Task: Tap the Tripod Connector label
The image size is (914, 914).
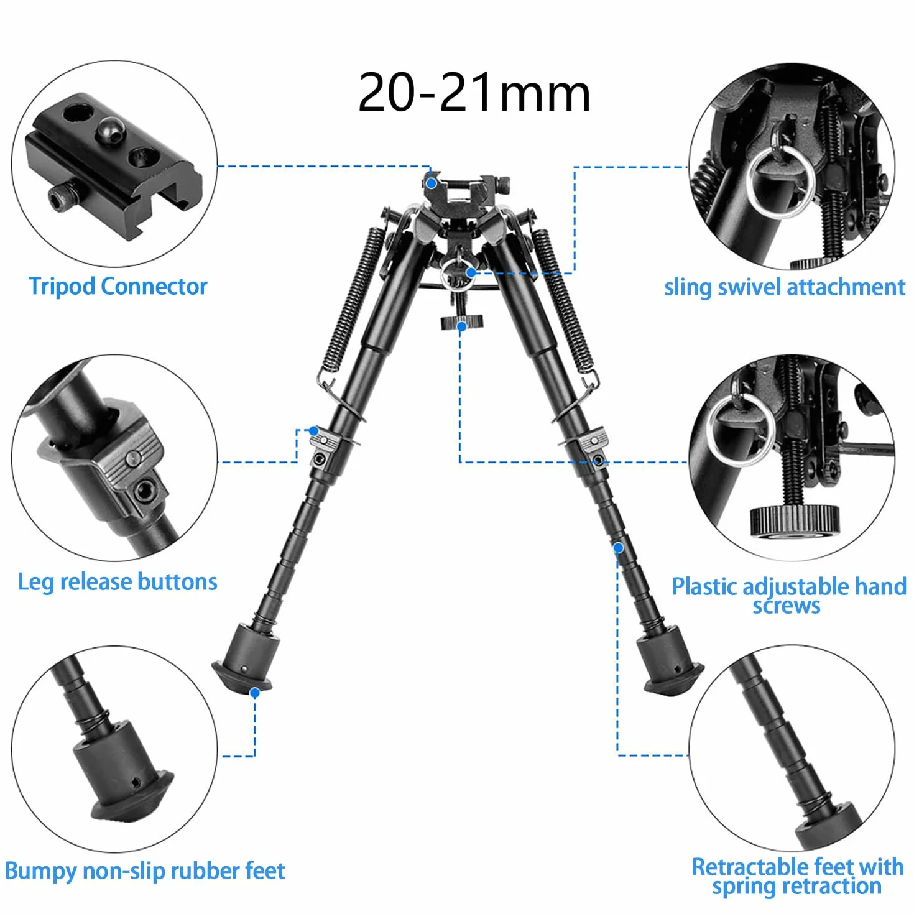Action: pyautogui.click(x=118, y=287)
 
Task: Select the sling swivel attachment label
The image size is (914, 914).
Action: pyautogui.click(x=785, y=287)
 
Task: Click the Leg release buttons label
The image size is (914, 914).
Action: pyautogui.click(x=118, y=582)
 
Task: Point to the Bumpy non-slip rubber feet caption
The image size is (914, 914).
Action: pyautogui.click(x=145, y=871)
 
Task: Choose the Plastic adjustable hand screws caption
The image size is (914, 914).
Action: pyautogui.click(x=789, y=596)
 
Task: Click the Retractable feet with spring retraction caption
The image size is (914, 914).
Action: pyautogui.click(x=798, y=877)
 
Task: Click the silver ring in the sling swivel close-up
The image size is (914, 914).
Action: pyautogui.click(x=780, y=183)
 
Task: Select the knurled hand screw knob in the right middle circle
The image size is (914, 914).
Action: pyautogui.click(x=795, y=522)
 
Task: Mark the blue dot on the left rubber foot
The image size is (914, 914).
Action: pyautogui.click(x=255, y=693)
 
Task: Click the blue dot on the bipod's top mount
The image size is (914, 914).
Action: pyautogui.click(x=431, y=183)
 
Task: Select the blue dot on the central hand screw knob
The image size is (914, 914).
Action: pyautogui.click(x=461, y=326)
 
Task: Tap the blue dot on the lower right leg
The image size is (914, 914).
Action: pyautogui.click(x=618, y=548)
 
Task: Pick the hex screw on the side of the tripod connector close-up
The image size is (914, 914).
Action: pyautogui.click(x=58, y=199)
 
